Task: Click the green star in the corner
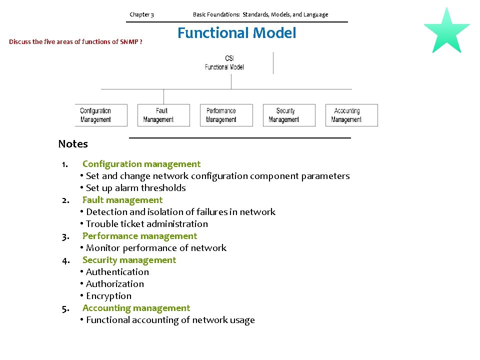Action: pos(446,31)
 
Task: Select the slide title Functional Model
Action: pos(237,33)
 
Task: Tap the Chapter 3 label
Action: pos(141,14)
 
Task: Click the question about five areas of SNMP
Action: pos(75,42)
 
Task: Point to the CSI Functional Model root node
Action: pos(224,63)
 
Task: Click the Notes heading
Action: pos(73,144)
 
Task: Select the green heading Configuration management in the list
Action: pos(141,164)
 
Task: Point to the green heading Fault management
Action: pos(122,200)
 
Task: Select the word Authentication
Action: pos(117,272)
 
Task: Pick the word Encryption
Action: pos(108,296)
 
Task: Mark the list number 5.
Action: pos(65,308)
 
